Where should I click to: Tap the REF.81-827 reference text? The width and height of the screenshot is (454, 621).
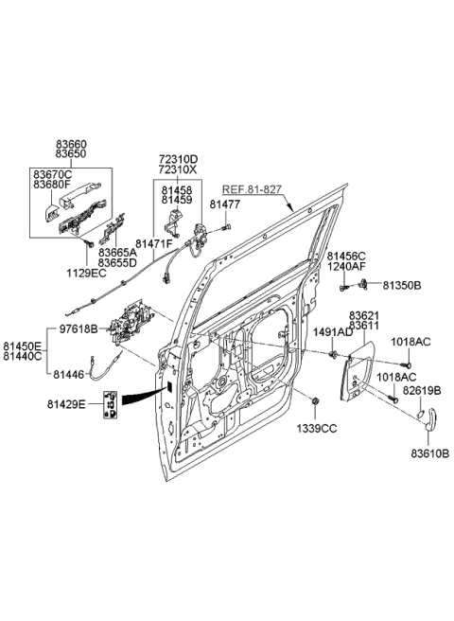(x=254, y=188)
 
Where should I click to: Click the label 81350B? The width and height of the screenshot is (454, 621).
(x=403, y=284)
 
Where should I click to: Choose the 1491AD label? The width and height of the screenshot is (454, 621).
(x=335, y=334)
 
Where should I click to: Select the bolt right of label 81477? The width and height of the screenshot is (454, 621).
(x=228, y=230)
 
